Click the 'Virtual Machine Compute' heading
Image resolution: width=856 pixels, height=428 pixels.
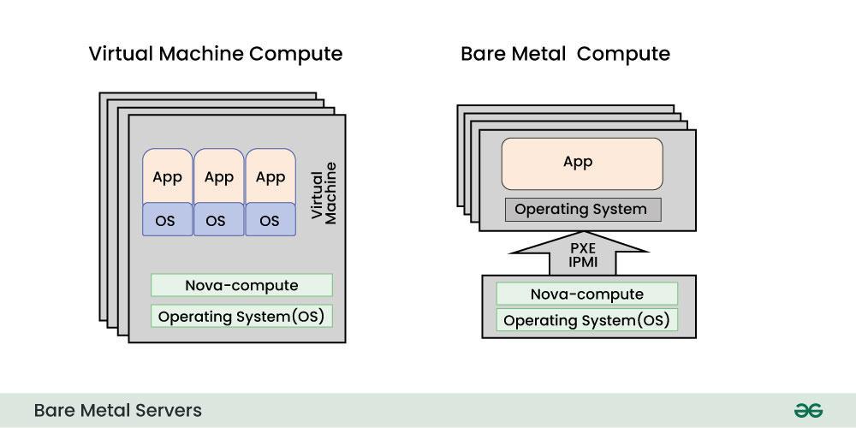coord(215,54)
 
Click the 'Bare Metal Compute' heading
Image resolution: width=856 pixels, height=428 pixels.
coord(565,54)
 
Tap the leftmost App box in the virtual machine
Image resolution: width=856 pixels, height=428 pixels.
coord(168,177)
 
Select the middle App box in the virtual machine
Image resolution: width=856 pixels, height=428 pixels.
coord(219,177)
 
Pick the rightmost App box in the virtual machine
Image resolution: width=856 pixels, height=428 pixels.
coord(270,177)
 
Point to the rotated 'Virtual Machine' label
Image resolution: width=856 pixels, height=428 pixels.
coord(324,193)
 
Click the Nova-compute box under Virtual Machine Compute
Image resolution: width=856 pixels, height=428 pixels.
coord(241,285)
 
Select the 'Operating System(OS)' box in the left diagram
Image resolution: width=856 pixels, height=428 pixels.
coord(241,316)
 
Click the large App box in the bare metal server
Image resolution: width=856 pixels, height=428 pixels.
coord(581,163)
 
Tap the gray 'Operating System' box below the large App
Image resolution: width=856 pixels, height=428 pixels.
coord(581,209)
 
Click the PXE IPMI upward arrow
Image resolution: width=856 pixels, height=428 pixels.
coord(578,253)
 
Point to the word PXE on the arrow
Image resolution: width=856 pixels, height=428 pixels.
coord(578,247)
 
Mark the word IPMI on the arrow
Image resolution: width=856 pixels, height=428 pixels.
coord(578,262)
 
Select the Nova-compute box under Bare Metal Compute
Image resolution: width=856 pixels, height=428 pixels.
coord(586,294)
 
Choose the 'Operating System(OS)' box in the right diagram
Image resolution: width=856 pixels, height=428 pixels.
coord(586,320)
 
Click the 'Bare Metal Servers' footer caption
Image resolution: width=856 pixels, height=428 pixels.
coord(118,410)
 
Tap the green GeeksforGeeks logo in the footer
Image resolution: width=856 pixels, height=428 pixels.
coord(807,410)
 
